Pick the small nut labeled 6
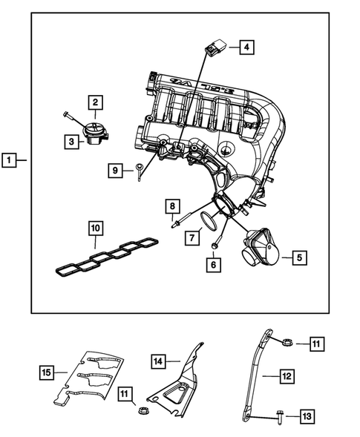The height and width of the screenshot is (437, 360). click(215, 246)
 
